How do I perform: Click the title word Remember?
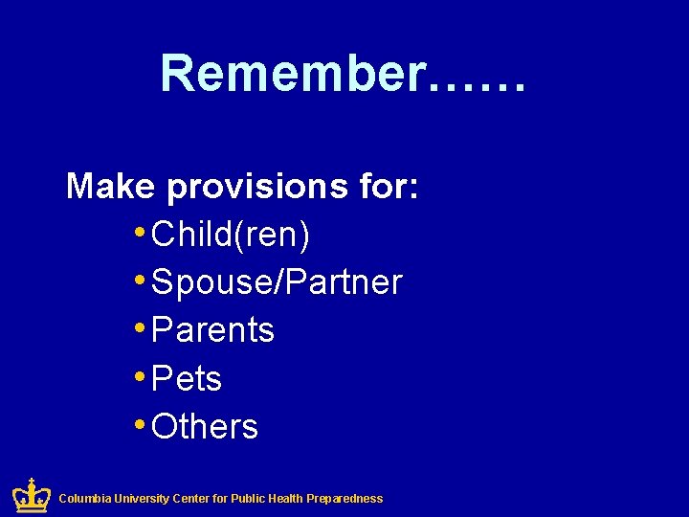pos(292,74)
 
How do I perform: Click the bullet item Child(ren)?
pos(231,235)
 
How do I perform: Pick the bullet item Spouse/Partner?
pos(277,282)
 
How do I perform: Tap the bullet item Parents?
pos(212,330)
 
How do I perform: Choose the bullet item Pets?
pos(187,378)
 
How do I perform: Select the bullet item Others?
pos(205,426)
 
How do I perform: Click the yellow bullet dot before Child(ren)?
pos(141,233)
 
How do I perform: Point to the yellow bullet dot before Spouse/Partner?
pos(141,281)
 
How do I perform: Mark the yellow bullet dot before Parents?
pos(141,328)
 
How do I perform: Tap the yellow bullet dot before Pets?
pos(141,376)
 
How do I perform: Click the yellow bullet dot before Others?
pos(141,424)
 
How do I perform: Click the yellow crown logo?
pos(31,495)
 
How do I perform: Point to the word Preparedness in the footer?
pos(345,499)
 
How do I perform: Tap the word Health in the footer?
pos(285,499)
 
